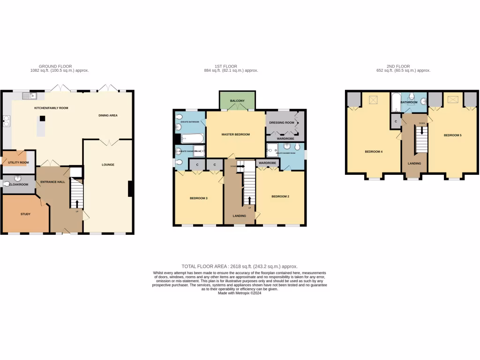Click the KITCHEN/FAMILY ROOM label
point(51,108)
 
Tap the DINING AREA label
point(108,115)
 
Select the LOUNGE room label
point(108,165)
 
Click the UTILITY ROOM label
point(18,163)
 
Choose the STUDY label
point(25,214)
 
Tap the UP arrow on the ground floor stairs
point(76,203)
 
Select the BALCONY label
point(237,101)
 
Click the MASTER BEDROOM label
point(236,135)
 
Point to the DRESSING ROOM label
point(282,123)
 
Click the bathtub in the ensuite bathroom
point(192,138)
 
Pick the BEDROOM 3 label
point(198,198)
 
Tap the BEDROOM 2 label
point(280,196)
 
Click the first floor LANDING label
point(240,216)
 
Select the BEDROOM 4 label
point(374,152)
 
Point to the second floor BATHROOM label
point(409,102)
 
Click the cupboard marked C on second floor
point(396,121)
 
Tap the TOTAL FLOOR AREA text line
point(240,266)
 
